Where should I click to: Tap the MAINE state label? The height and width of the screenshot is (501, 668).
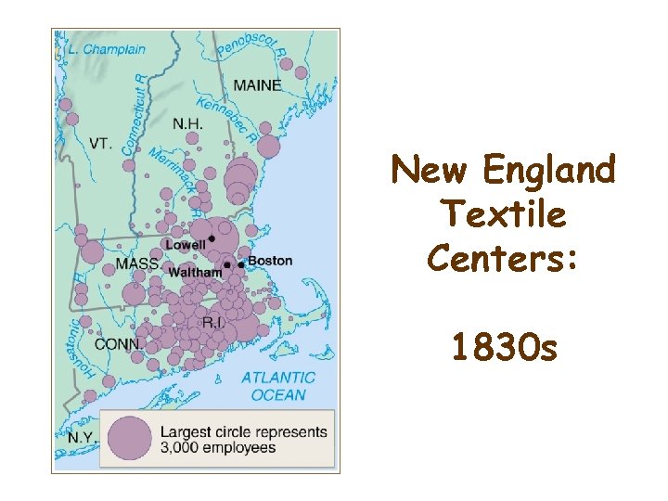coord(257,85)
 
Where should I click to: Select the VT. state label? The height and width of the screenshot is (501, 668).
coord(101,143)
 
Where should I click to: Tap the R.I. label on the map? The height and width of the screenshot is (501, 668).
coord(213,322)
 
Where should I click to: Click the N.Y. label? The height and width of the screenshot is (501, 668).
coord(82,435)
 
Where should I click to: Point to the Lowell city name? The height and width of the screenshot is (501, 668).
coord(185,245)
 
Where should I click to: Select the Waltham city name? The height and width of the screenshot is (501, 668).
coord(195,273)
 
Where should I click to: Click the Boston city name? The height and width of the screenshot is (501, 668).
coord(270,261)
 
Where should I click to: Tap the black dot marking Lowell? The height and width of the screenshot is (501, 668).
coord(212,239)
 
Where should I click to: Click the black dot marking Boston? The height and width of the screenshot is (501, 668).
coord(241,265)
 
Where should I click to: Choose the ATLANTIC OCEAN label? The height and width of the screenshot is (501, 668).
coord(277,386)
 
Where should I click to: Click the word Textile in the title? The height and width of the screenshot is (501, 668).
coord(504,215)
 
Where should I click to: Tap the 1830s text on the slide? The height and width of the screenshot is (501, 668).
coord(504,349)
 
